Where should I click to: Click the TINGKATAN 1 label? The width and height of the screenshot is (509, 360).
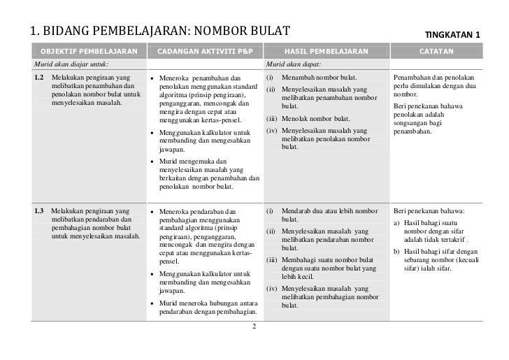457,35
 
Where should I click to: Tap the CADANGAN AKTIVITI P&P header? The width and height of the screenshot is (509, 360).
204,52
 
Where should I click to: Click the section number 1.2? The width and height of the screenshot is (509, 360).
39,76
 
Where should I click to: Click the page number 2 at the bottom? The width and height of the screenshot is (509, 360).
254,326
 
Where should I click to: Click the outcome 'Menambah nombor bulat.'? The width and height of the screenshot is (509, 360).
319,76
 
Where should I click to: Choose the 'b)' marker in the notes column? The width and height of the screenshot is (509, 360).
397,252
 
